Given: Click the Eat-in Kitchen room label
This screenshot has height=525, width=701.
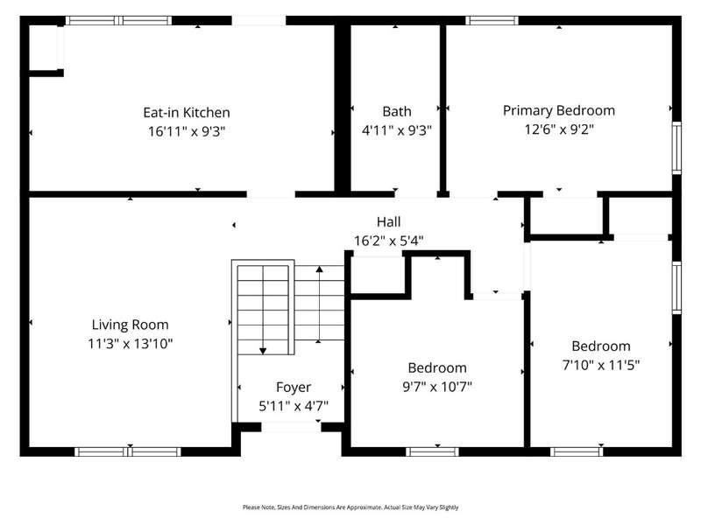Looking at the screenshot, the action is tap(187, 113).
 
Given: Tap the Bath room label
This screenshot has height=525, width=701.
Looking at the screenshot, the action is tap(397, 111).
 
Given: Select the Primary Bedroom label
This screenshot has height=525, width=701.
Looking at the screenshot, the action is tap(559, 110).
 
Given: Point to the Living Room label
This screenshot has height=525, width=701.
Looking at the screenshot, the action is tap(130, 325).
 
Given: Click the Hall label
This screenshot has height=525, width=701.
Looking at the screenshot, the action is tap(388, 221).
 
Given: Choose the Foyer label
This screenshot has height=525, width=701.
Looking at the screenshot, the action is tap(294, 388).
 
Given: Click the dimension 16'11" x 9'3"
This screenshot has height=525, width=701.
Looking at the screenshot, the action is tap(187, 131).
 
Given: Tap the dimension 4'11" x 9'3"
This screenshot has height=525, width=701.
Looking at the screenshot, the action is tap(397, 130).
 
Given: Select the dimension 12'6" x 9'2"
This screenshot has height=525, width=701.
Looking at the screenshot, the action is tap(559, 129).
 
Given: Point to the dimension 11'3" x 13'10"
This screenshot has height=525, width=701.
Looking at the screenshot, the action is tap(130, 343).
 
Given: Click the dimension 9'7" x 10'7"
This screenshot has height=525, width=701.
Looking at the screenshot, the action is tap(437, 386).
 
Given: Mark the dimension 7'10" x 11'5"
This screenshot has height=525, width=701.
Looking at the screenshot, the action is tap(601, 365).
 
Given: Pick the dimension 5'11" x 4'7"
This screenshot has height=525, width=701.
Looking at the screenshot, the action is tap(294, 406).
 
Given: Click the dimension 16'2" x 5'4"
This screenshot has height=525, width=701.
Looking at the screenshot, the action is tap(388, 241).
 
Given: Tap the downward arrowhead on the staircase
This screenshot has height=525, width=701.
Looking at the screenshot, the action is tap(263, 351).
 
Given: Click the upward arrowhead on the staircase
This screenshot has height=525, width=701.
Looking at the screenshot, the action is tap(319, 269).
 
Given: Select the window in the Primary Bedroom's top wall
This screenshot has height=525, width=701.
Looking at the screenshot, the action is tap(492, 20).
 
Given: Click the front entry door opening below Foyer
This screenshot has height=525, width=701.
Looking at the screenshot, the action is tap(291, 427).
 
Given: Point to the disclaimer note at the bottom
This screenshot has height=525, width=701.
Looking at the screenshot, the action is tap(350, 507).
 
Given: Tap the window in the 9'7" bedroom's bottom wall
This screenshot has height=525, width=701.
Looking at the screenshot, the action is tap(432, 451).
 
